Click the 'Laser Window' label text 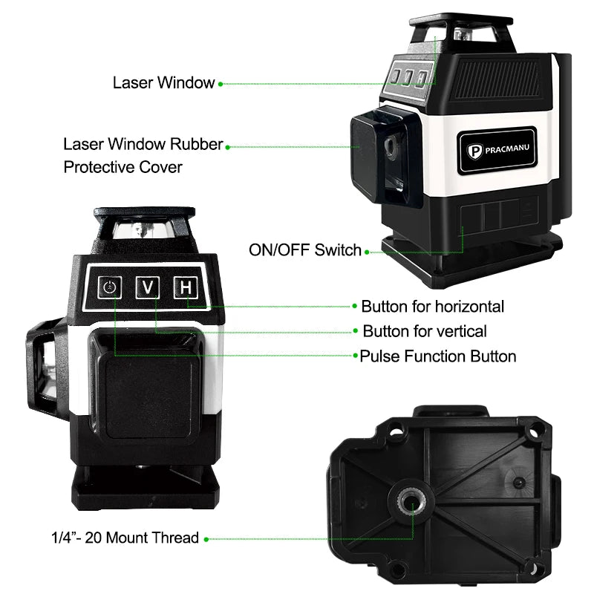(163, 82)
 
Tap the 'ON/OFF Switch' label (305, 250)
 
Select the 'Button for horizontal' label (433, 307)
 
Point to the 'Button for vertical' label (425, 331)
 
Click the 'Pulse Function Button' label (438, 356)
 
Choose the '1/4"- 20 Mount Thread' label (125, 538)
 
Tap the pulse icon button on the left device (111, 287)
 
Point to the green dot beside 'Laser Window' (221, 84)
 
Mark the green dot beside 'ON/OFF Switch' (368, 252)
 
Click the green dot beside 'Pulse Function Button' (356, 356)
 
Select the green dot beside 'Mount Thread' (206, 538)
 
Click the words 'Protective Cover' (123, 166)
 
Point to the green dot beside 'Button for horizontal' (354, 307)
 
